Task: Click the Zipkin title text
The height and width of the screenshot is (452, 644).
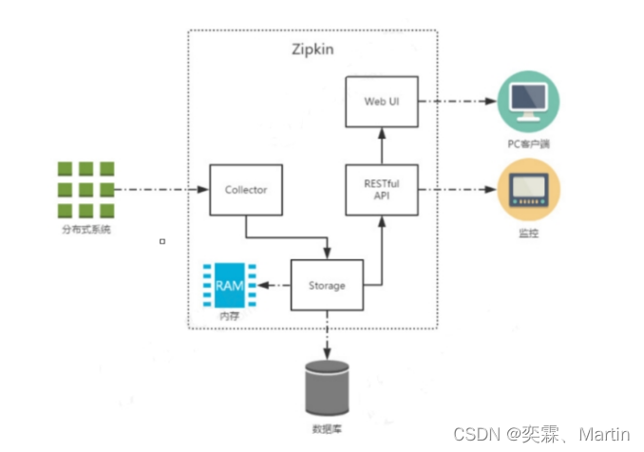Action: pos(313,48)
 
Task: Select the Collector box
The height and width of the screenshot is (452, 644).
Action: pos(245,190)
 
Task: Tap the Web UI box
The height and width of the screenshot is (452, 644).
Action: pos(380,102)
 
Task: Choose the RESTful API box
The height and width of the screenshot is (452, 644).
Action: pos(380,189)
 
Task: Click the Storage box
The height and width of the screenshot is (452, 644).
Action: pos(326,285)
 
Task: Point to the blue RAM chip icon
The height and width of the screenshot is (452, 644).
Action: pos(229,285)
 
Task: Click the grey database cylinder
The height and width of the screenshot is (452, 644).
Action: pos(326,387)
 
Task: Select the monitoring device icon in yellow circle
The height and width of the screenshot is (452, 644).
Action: pos(528,189)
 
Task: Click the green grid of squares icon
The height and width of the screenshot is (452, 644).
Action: pos(85,190)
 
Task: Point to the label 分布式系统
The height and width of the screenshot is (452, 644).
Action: pos(85,230)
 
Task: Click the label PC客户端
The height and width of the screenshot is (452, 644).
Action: pos(527,144)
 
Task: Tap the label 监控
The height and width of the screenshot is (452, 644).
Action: pos(528,233)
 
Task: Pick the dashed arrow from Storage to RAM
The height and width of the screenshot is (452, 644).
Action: pos(276,285)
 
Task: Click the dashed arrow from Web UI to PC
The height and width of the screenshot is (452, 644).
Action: pos(456,102)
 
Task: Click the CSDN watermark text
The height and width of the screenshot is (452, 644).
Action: pos(541,434)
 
